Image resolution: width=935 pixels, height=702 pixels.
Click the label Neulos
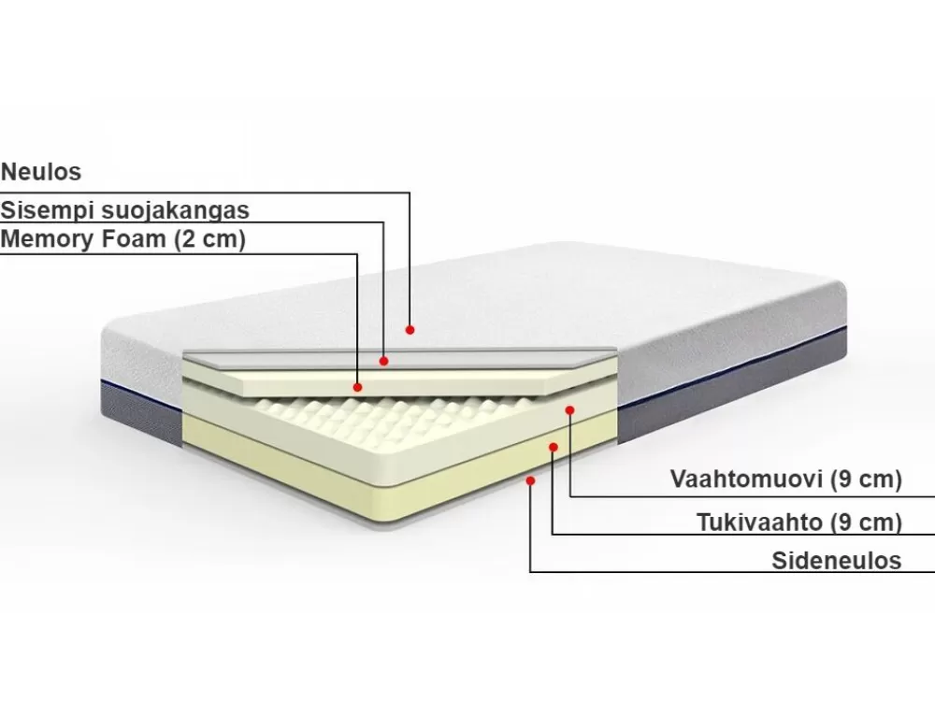point(41,172)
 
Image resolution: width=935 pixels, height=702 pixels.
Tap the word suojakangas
point(176,210)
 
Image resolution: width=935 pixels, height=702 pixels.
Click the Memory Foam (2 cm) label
point(123,239)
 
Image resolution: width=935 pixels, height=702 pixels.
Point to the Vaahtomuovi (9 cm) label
point(786,480)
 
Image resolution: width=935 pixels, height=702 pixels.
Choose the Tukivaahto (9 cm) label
point(799,522)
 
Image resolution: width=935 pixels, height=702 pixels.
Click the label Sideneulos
point(837,560)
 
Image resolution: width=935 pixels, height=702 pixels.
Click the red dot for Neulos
point(410,330)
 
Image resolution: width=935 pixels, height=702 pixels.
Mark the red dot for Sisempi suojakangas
point(384,361)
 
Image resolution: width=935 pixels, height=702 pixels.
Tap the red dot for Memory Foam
point(358,387)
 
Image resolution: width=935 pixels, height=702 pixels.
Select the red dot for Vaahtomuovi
point(570,410)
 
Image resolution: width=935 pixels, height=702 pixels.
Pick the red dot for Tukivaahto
point(554,447)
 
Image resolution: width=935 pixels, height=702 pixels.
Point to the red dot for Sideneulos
point(531,480)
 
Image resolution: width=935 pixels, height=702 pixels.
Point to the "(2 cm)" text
point(209,239)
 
